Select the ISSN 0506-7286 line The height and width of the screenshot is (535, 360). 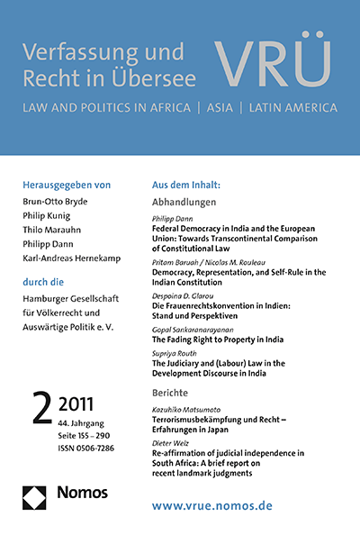[x=80, y=434]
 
